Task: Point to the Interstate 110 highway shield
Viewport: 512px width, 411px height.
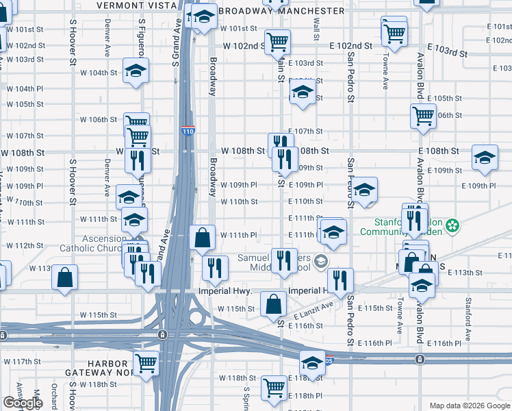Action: pos(188,130)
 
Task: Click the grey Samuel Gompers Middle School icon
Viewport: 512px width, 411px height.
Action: pos(320,262)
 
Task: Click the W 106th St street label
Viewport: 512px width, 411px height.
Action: pos(99,119)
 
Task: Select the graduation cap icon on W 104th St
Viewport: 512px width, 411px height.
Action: pos(136,71)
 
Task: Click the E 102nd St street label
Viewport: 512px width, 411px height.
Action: pos(350,46)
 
